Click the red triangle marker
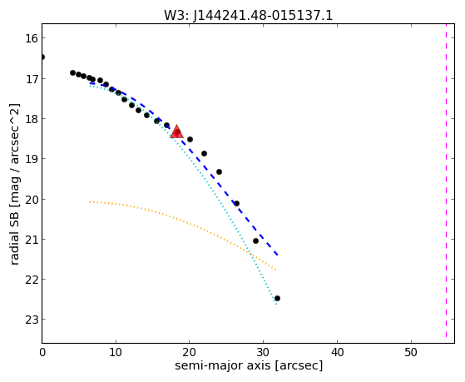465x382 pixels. point(176,131)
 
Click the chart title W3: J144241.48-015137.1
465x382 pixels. point(248,16)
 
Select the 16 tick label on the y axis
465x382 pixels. point(31,38)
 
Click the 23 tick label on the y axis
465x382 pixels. point(31,320)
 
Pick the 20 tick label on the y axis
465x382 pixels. point(31,200)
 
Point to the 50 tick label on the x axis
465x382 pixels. point(411,353)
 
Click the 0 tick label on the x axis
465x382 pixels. point(42,353)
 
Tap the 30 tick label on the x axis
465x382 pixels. point(264,353)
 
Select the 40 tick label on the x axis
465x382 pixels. point(337,353)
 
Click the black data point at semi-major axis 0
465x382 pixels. point(42,57)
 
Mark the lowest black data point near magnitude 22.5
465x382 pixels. point(277,298)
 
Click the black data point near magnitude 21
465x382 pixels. point(255,241)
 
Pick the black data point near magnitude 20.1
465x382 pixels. point(236,203)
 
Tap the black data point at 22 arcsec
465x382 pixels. point(204,153)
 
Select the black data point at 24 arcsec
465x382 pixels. point(219,171)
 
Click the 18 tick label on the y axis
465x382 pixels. point(31,119)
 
